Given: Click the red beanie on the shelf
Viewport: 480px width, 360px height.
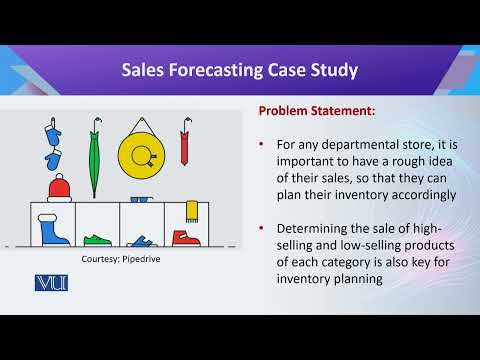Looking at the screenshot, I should coord(61,187).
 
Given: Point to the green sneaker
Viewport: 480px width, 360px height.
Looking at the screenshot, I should coord(97,241).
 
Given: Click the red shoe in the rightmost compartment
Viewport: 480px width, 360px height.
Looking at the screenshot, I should coord(186,239).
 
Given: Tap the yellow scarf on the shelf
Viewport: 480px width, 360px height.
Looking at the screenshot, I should coord(192,211).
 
